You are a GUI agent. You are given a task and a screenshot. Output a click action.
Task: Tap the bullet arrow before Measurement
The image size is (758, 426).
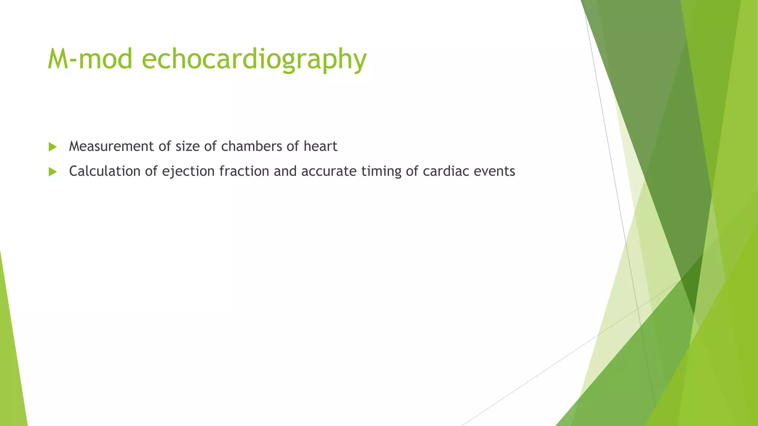coord(53,147)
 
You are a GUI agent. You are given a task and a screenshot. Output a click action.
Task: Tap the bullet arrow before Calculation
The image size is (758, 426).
coord(53,172)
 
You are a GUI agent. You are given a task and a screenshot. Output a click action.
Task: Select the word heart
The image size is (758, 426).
coord(321,146)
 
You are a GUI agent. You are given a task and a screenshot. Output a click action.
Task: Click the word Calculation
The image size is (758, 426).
coord(105,171)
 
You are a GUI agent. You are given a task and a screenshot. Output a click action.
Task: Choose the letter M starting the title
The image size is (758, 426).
coord(57,59)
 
